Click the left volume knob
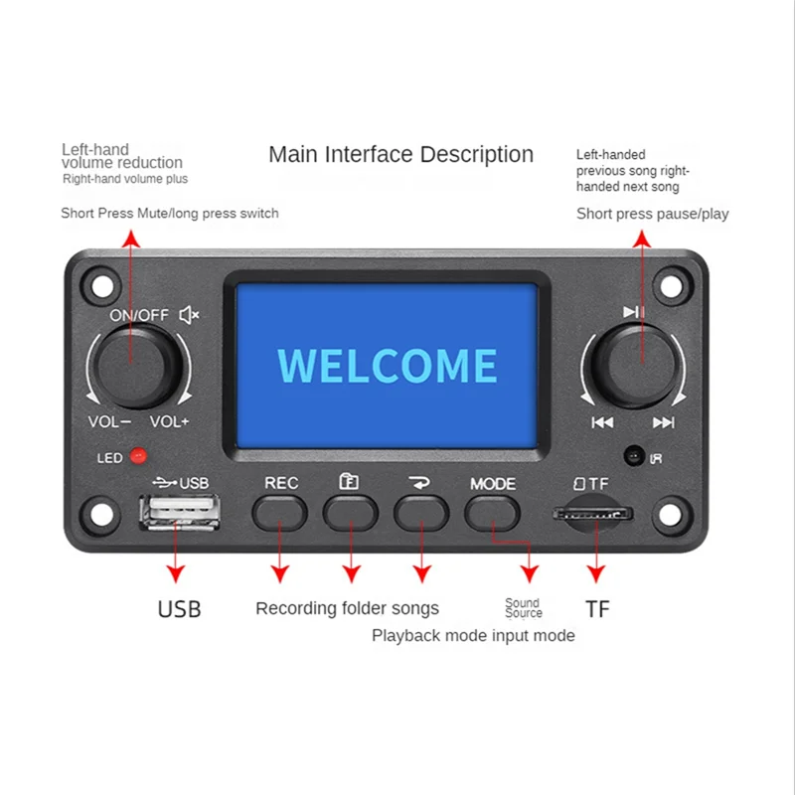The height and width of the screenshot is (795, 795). [135, 364]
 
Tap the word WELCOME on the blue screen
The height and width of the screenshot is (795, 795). [387, 366]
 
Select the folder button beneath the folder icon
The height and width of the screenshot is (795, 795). [350, 511]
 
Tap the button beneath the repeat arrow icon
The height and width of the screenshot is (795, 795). [421, 511]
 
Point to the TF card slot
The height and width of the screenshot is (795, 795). [594, 514]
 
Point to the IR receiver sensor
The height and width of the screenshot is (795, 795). [632, 456]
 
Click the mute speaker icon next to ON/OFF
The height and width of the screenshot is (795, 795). [189, 315]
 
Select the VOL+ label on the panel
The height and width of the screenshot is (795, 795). [170, 421]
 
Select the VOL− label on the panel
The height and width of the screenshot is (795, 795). [109, 421]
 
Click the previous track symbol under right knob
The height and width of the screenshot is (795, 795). [602, 422]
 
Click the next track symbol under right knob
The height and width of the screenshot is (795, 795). [663, 422]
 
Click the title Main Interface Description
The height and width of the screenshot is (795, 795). [400, 155]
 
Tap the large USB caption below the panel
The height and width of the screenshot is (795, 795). [179, 609]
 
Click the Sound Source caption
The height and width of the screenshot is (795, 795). [523, 608]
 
